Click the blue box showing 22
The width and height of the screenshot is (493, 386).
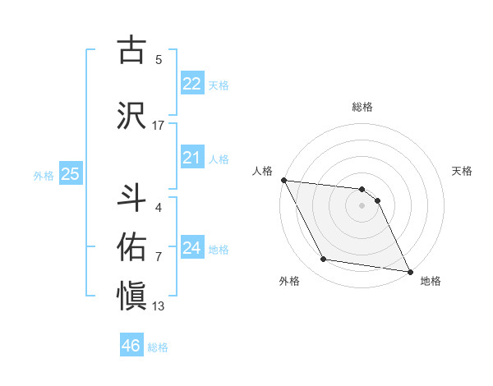[192, 84]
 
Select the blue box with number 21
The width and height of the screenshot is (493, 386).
[192, 159]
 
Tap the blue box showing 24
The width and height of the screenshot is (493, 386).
[192, 248]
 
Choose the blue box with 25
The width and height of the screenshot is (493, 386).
[70, 174]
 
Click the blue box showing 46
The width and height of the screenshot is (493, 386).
[131, 346]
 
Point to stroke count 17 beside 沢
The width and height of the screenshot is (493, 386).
[159, 125]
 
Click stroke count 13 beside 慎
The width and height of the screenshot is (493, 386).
[159, 306]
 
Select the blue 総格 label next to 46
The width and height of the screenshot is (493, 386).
[158, 347]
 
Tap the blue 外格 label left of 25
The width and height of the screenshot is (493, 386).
[44, 175]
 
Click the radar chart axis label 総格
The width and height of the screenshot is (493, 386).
[362, 107]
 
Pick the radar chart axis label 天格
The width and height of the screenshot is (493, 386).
[463, 171]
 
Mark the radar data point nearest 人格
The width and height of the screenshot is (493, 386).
[283, 180]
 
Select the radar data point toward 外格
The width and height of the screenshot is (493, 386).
[323, 260]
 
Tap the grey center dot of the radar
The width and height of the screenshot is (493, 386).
[362, 205]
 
